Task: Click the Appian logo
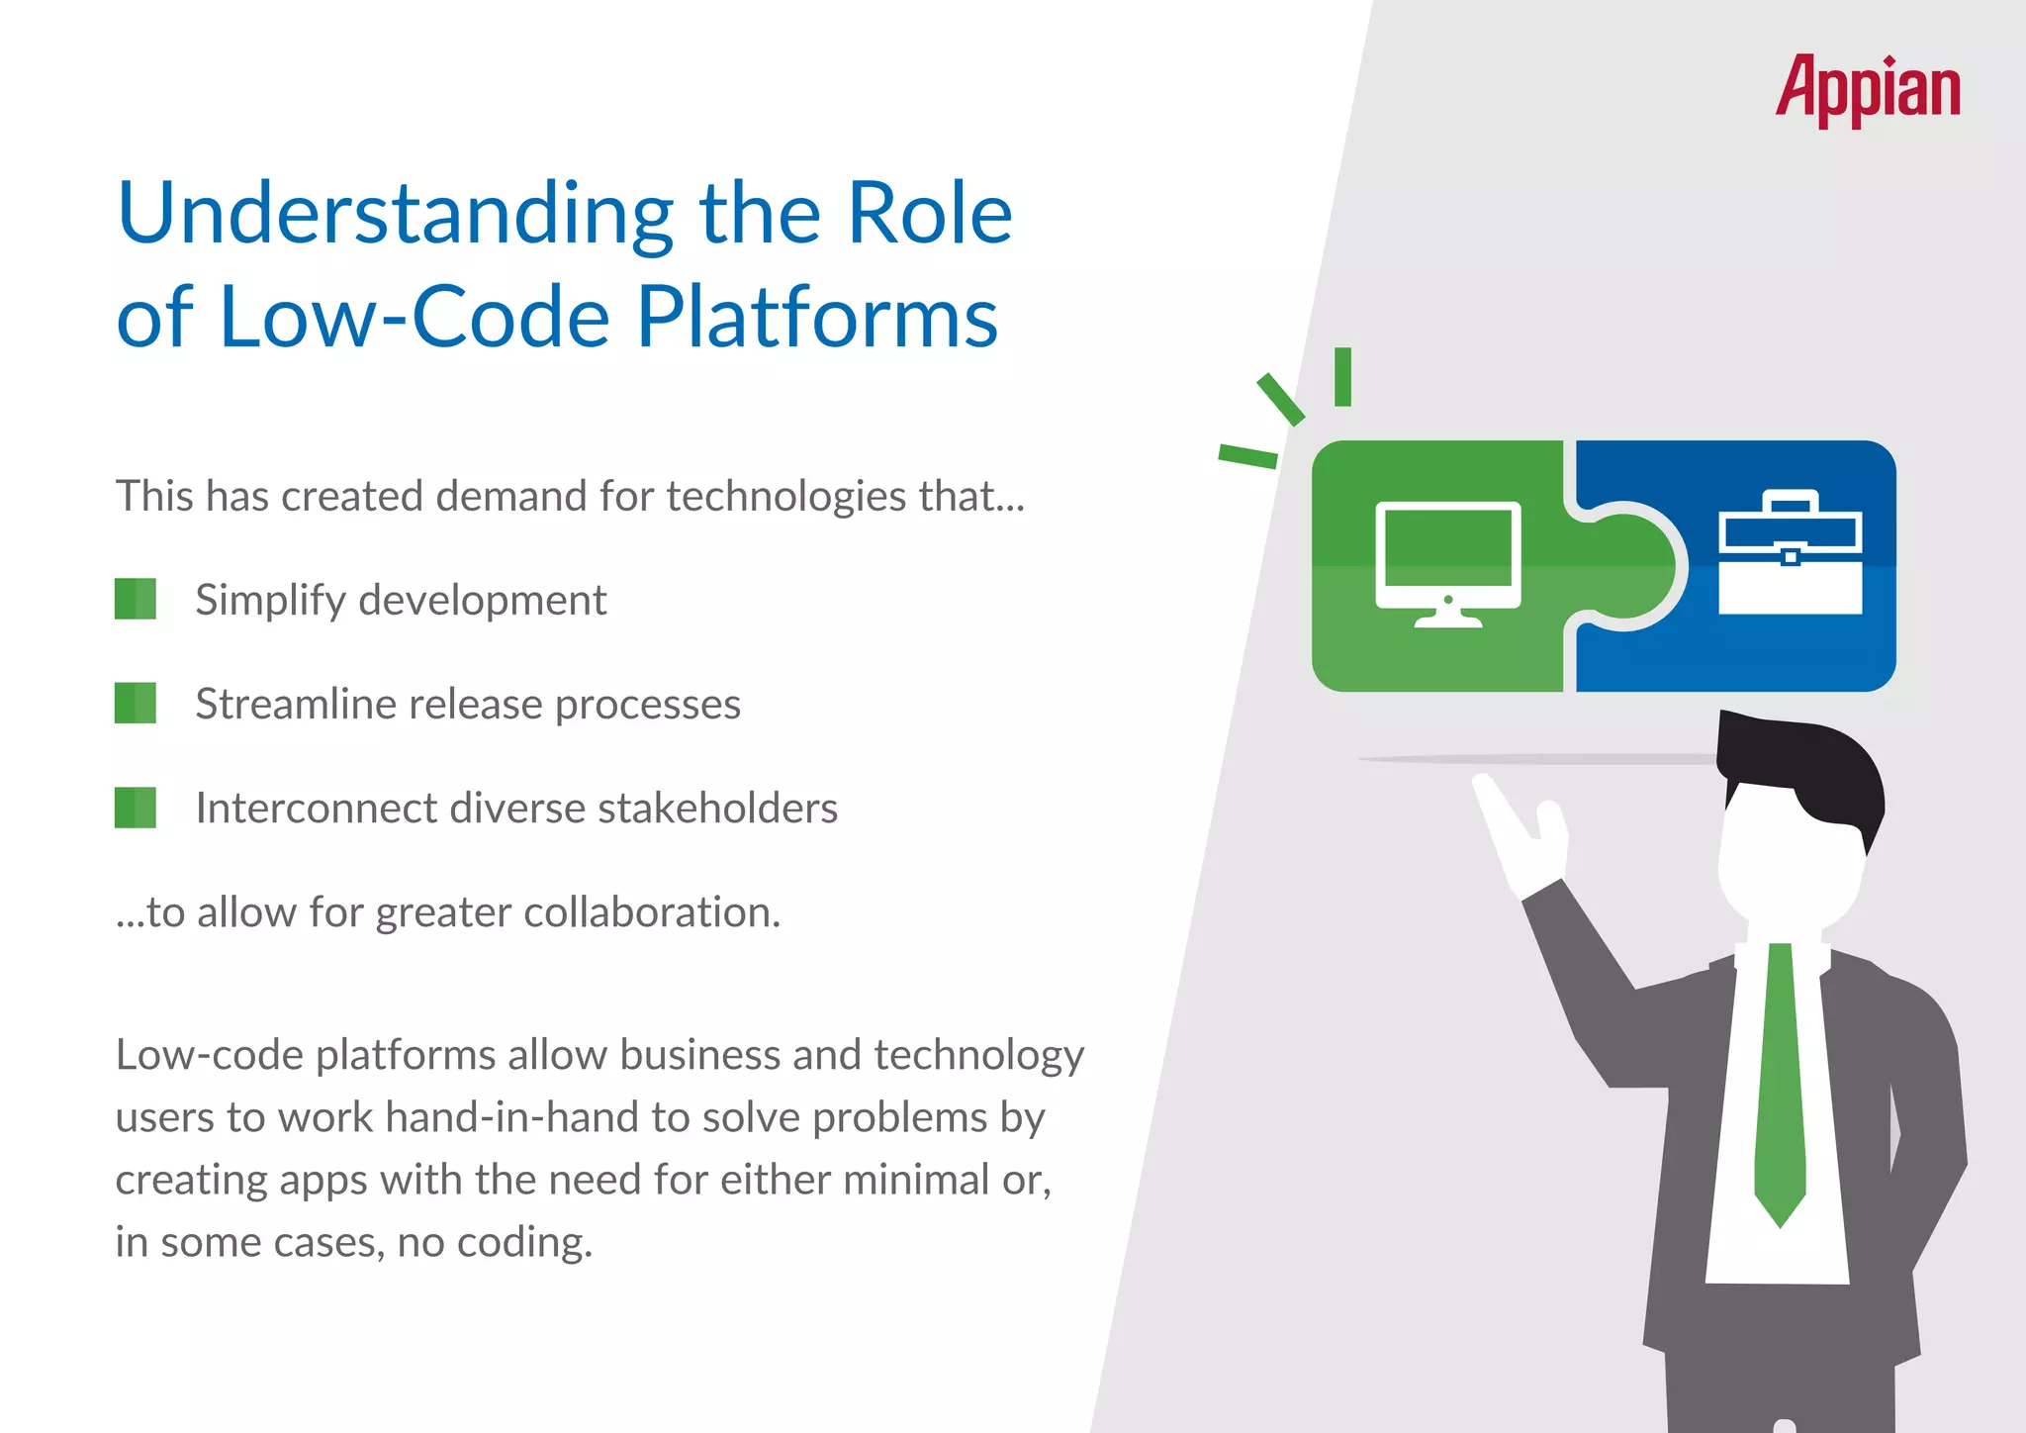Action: point(1867,89)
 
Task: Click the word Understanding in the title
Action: point(396,215)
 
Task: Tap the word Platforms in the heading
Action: point(816,319)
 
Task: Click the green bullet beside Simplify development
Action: point(136,599)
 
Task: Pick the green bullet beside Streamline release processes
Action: point(136,703)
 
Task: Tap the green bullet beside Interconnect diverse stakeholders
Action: point(136,808)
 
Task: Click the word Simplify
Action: point(268,601)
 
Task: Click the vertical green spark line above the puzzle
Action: point(1342,376)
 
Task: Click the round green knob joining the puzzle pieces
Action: point(1632,566)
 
